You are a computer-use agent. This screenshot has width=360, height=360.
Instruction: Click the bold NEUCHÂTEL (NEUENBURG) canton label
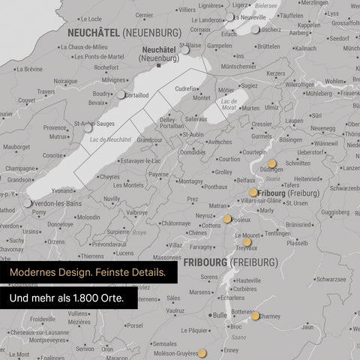pyautogui.click(x=123, y=33)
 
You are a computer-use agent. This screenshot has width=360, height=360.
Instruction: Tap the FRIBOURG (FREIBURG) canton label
pyautogui.click(x=232, y=262)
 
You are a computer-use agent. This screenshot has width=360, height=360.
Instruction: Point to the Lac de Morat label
pyautogui.click(x=229, y=103)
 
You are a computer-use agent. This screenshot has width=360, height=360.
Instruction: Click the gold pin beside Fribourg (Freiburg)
pyautogui.click(x=253, y=193)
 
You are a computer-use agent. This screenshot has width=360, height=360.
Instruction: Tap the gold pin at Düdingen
pyautogui.click(x=271, y=162)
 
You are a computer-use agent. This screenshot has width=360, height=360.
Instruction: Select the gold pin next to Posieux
pyautogui.click(x=226, y=219)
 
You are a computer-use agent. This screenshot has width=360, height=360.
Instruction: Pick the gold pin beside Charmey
pyautogui.click(x=255, y=316)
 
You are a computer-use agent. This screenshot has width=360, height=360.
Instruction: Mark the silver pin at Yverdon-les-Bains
pyautogui.click(x=27, y=203)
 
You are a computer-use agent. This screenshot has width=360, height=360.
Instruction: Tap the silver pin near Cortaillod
pyautogui.click(x=121, y=94)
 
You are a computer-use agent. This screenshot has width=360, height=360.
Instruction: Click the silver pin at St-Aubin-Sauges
pyautogui.click(x=88, y=128)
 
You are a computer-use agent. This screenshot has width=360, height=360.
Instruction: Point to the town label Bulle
pyautogui.click(x=219, y=316)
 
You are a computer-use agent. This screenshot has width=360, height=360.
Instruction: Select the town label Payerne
pyautogui.click(x=158, y=174)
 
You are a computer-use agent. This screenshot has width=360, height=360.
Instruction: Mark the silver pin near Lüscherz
pyautogui.click(x=255, y=30)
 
